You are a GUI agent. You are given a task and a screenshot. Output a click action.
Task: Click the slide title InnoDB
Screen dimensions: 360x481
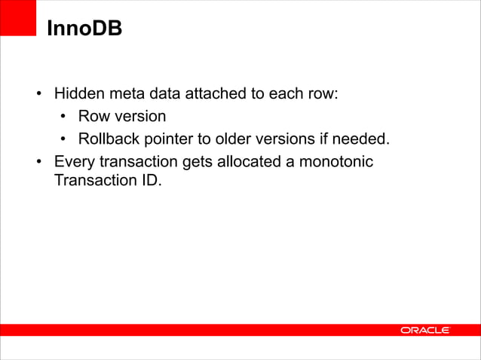[x=84, y=29]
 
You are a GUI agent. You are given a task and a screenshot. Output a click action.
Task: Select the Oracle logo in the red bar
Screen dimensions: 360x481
[x=424, y=330]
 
